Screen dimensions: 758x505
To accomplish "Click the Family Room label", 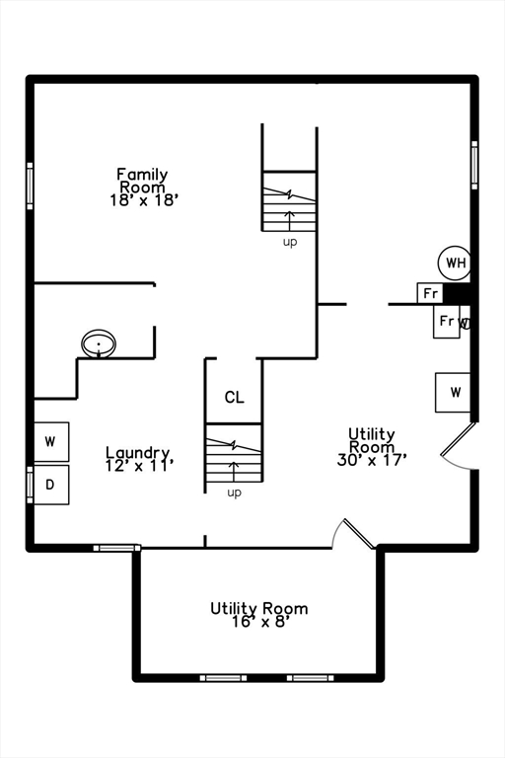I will [x=143, y=181].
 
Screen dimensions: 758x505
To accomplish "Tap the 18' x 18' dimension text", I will [x=143, y=198].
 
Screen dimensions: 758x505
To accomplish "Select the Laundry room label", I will [x=138, y=453].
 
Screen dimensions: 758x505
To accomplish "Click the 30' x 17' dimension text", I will [x=371, y=458].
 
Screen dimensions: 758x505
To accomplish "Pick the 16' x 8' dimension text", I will [x=258, y=621].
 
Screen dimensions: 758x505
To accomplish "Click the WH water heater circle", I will [x=455, y=263].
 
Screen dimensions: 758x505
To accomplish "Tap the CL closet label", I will [x=234, y=398].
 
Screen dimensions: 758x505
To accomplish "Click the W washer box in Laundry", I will [x=51, y=440].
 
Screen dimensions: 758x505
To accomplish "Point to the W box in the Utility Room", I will [x=454, y=392].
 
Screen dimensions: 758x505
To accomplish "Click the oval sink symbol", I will [x=99, y=343].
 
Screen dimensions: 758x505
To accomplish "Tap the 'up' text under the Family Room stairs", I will [x=290, y=241].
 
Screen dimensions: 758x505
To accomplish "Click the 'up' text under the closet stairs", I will [x=234, y=492].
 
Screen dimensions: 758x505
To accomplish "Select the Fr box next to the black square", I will [x=430, y=293].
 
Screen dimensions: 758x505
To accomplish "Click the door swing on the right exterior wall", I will [x=459, y=447].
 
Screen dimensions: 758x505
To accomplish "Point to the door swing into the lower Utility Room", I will [x=352, y=533].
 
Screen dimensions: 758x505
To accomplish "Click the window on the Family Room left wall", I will [x=30, y=182].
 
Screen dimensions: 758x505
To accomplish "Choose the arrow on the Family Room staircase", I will [x=290, y=216].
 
